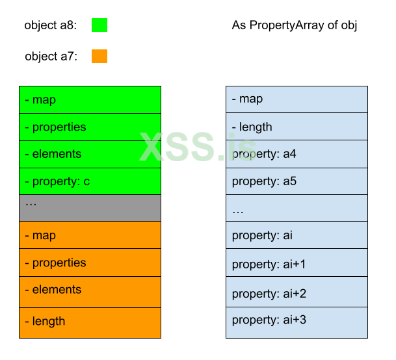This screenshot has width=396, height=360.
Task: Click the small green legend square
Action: (99, 25)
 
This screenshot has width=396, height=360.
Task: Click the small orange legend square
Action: (99, 56)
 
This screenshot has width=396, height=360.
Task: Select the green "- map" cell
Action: (90, 100)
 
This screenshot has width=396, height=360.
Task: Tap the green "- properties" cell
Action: (90, 127)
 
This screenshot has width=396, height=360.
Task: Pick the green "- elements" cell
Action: (90, 154)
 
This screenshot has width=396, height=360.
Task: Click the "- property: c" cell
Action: (90, 181)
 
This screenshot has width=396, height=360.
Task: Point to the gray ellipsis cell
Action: (90, 208)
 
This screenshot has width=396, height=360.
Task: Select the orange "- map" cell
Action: (90, 235)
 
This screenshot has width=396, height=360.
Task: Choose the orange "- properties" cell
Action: (90, 263)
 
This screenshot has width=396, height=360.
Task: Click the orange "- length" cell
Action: (90, 322)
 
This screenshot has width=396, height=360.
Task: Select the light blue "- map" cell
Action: (297, 99)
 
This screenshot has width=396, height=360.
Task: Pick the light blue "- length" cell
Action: (297, 127)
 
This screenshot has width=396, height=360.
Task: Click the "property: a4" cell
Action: (297, 154)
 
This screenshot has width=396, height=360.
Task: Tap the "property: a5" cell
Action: (297, 181)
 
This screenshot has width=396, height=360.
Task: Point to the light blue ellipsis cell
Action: (297, 208)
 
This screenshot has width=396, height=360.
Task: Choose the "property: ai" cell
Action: (297, 235)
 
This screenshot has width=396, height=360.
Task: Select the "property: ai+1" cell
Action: (297, 263)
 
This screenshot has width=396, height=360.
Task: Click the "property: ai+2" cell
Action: (297, 293)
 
